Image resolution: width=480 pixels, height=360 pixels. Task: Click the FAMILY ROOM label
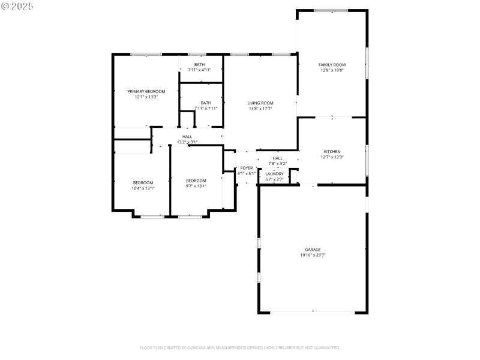pos(332,64)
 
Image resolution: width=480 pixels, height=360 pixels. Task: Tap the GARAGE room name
pos(313,250)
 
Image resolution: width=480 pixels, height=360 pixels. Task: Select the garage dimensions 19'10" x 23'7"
pos(313,255)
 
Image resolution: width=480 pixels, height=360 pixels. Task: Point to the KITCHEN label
pos(332,152)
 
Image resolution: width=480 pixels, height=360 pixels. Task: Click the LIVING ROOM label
pos(260,103)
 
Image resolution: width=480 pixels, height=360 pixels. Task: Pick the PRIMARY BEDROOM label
pos(146,91)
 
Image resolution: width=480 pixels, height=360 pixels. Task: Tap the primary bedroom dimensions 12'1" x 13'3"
pos(146,97)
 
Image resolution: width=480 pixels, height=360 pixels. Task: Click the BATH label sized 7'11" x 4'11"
pos(199,64)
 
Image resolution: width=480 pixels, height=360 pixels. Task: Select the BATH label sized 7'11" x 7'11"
pos(206,103)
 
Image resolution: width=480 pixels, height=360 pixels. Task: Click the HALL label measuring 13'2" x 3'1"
pos(187,137)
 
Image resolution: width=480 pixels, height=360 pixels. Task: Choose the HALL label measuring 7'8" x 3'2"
pos(277,158)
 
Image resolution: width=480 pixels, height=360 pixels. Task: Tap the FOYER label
pos(247,168)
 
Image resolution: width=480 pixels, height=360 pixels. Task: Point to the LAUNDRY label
pos(274,174)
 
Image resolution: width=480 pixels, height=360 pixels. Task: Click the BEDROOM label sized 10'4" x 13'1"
pos(143,182)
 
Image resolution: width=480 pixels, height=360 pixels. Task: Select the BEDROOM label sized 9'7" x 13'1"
pos(196,181)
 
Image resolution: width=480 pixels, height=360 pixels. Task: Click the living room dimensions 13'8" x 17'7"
pos(260,109)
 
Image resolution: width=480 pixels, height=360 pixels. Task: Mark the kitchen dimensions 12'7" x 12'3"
pos(332,157)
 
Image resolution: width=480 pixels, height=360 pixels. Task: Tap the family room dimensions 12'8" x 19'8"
pos(332,70)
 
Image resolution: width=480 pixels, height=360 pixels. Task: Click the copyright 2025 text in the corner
pos(17,5)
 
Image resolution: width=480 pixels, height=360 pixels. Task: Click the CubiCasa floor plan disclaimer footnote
pos(240,347)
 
